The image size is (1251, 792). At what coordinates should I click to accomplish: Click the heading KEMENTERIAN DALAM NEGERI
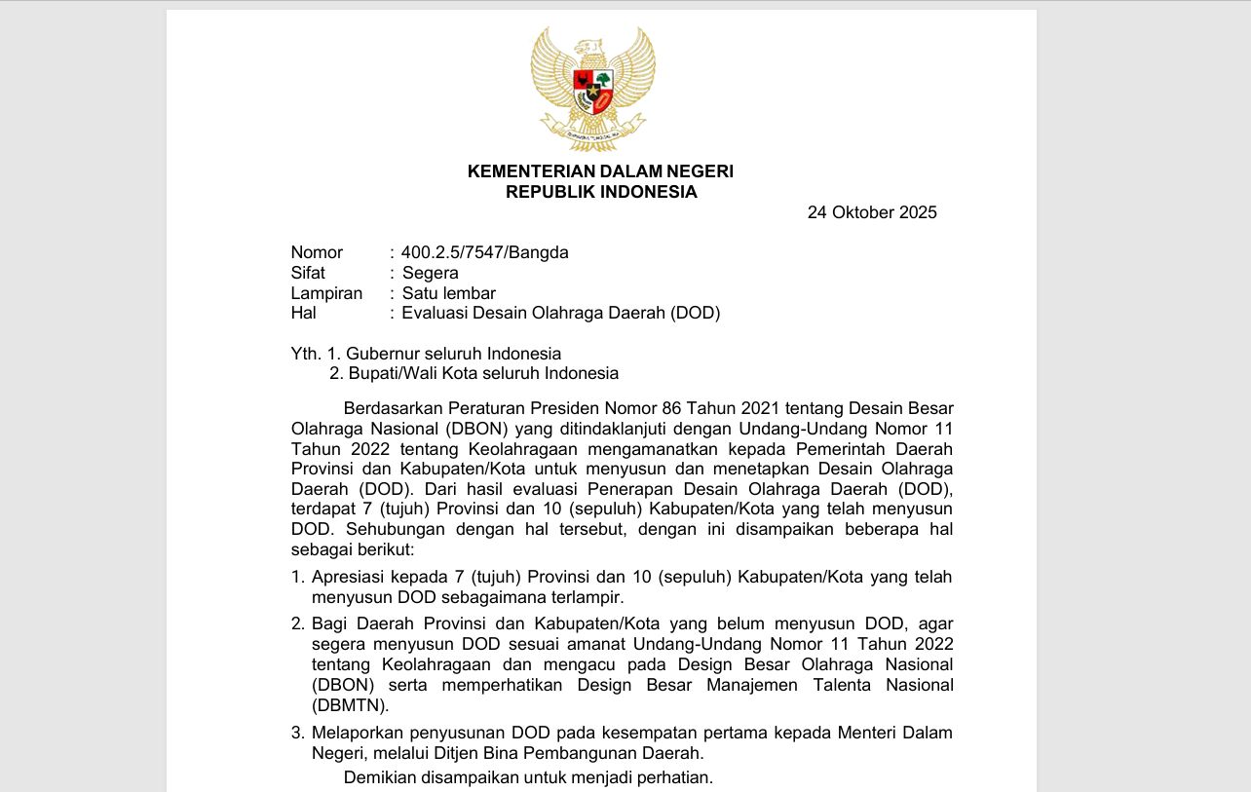[600, 171]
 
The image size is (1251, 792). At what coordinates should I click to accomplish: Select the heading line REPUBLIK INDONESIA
[601, 192]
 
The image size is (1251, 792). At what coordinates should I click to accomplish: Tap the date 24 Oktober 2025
[872, 212]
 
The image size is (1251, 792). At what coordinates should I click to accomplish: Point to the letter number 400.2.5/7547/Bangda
[485, 252]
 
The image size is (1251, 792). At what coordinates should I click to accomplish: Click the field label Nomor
[317, 252]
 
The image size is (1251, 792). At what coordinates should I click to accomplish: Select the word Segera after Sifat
[431, 273]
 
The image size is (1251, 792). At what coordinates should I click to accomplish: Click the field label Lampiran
[326, 293]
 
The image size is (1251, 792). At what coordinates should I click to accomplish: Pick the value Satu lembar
[449, 293]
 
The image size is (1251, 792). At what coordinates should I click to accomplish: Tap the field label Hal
[303, 313]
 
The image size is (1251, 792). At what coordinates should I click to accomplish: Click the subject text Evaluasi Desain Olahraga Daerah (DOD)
[561, 313]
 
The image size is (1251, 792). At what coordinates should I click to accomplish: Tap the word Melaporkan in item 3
[355, 733]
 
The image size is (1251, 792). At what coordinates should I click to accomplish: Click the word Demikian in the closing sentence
[380, 777]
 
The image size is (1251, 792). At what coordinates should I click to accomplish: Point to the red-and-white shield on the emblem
[592, 89]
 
